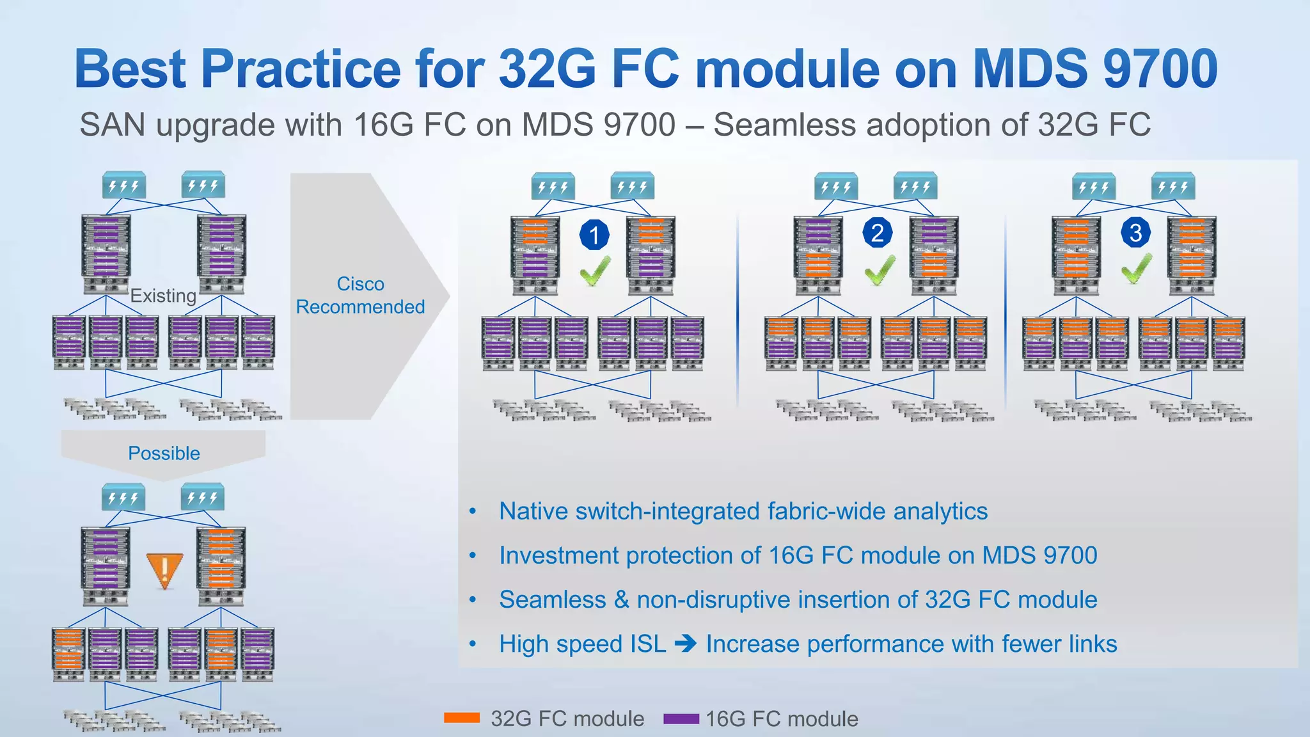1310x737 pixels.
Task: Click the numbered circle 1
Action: point(594,235)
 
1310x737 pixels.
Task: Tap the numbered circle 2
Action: point(878,233)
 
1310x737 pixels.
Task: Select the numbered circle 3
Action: point(1135,233)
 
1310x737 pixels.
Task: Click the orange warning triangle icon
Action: point(164,570)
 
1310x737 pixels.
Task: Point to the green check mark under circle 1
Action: point(595,271)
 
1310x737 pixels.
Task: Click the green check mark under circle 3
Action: point(1137,269)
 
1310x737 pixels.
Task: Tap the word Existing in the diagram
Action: point(163,296)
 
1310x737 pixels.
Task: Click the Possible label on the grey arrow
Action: point(164,453)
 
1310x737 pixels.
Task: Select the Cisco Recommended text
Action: point(360,295)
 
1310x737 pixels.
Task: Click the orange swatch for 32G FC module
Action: point(462,718)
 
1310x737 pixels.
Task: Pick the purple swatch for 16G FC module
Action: point(681,718)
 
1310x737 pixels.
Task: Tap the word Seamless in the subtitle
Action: point(784,124)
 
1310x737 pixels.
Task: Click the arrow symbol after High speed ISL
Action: point(686,643)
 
